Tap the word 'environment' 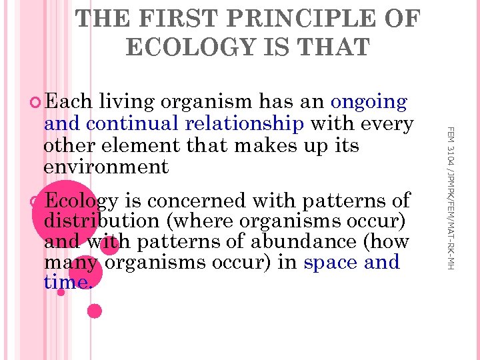pos(106,166)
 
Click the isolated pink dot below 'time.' pos(95,310)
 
